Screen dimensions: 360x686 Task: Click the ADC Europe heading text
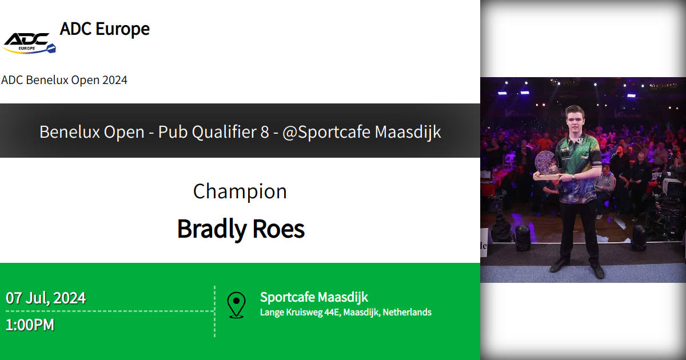(105, 29)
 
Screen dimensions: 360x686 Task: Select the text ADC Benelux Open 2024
(64, 80)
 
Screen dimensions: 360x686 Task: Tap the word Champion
(240, 191)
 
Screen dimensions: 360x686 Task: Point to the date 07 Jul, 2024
(46, 298)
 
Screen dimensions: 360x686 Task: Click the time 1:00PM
(30, 325)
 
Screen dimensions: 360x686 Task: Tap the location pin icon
(236, 305)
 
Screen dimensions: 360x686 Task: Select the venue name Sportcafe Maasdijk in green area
(314, 297)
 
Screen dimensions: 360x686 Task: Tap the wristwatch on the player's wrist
(573, 177)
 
